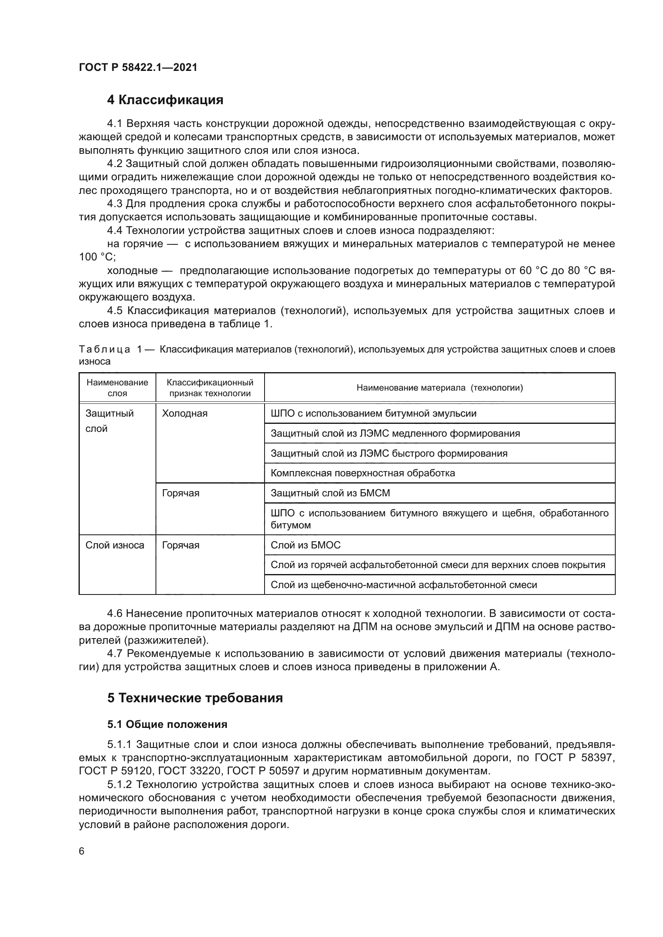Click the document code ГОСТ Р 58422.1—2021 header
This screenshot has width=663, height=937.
coord(138,68)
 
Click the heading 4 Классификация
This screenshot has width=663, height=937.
coord(165,100)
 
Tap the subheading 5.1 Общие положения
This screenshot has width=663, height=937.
coord(167,724)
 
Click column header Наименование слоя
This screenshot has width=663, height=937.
coord(117,388)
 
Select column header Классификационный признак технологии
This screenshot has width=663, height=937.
coord(210,388)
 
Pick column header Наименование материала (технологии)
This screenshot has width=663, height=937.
coord(439,388)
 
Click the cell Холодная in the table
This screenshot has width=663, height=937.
coord(184,413)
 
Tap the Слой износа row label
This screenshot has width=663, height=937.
coord(115,545)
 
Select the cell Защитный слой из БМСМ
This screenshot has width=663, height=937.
coord(330,493)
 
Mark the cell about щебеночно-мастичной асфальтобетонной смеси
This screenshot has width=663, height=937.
coord(404,585)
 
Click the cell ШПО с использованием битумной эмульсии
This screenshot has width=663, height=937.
coord(374,413)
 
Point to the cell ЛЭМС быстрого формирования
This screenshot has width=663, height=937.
coord(389,453)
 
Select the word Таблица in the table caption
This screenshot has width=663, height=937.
coord(105,350)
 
